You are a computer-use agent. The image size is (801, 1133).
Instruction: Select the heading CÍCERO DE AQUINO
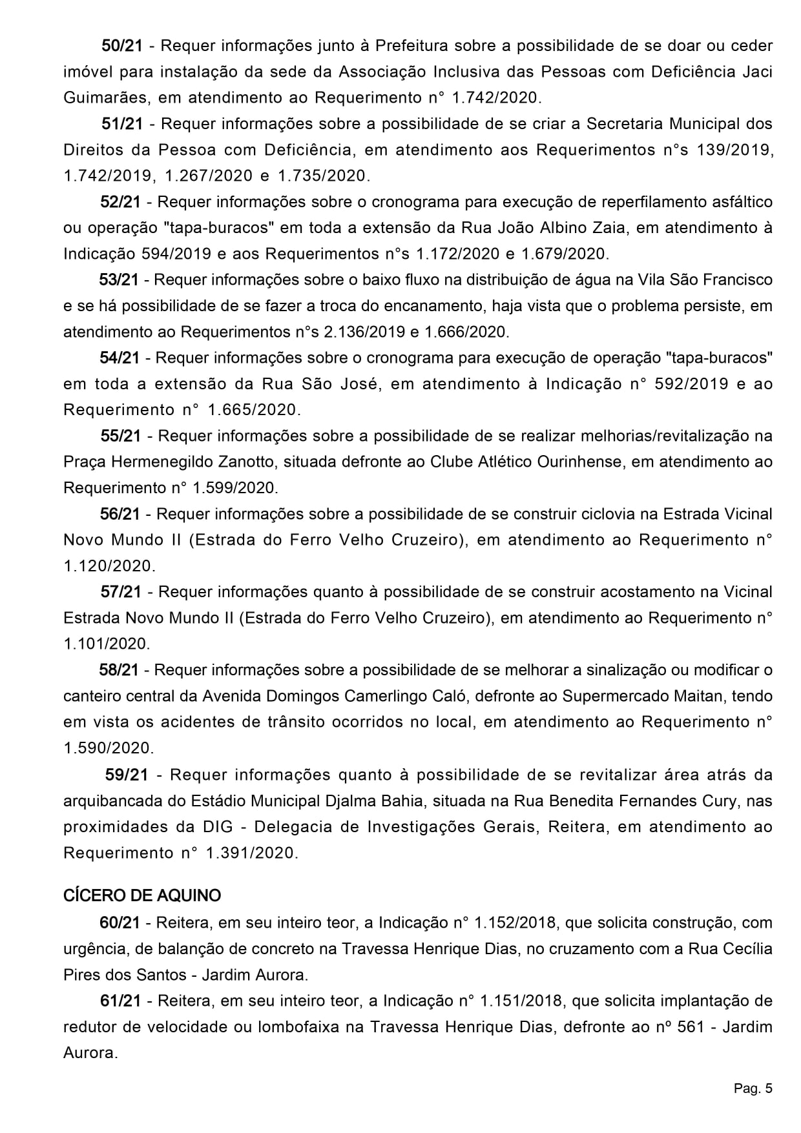pos(142,895)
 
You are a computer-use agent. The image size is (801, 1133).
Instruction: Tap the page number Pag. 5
pos(753,1089)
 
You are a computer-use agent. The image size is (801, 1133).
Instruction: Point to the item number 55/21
pos(121,436)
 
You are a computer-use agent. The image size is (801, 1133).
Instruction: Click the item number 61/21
pos(121,1001)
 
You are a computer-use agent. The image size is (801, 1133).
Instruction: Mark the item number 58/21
pos(120,670)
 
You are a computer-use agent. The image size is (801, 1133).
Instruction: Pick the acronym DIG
pos(227,827)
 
